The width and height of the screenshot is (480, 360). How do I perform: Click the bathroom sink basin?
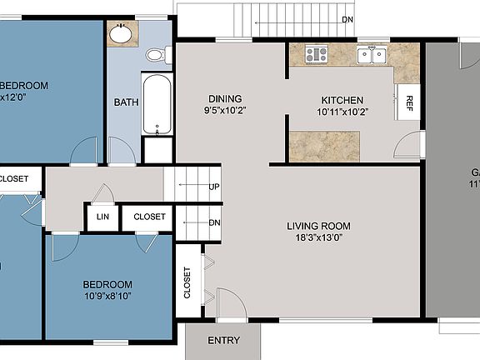122,35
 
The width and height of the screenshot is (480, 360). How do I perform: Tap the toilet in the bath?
156,55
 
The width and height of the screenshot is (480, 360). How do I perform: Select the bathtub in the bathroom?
157,104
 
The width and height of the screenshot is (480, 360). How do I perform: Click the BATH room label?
126,102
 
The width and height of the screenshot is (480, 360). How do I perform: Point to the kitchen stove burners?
316,55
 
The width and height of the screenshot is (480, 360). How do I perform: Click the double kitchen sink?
371,56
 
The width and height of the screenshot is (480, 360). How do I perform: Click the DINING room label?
225,98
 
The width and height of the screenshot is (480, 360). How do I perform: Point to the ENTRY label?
223,340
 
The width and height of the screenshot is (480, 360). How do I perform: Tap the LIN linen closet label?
102,217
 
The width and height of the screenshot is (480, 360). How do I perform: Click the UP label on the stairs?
214,187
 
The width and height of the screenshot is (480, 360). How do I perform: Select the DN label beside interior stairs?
214,222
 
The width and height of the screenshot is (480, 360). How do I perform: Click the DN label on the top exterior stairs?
347,20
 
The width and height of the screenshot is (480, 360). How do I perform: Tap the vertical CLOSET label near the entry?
187,283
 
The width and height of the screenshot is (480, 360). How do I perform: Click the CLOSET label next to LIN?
149,217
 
